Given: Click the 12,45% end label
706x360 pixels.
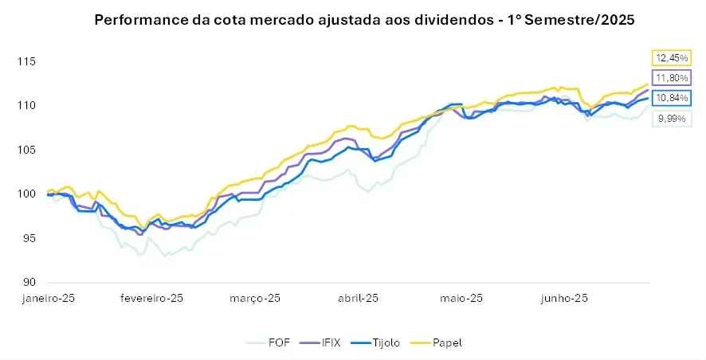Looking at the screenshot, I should pyautogui.click(x=670, y=57).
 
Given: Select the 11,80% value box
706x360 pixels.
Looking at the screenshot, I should pyautogui.click(x=670, y=77).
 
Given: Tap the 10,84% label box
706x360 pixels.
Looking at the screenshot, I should pyautogui.click(x=670, y=97).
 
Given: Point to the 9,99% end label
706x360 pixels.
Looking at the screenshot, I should pyautogui.click(x=670, y=119).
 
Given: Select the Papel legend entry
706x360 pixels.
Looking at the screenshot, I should pyautogui.click(x=442, y=342).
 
